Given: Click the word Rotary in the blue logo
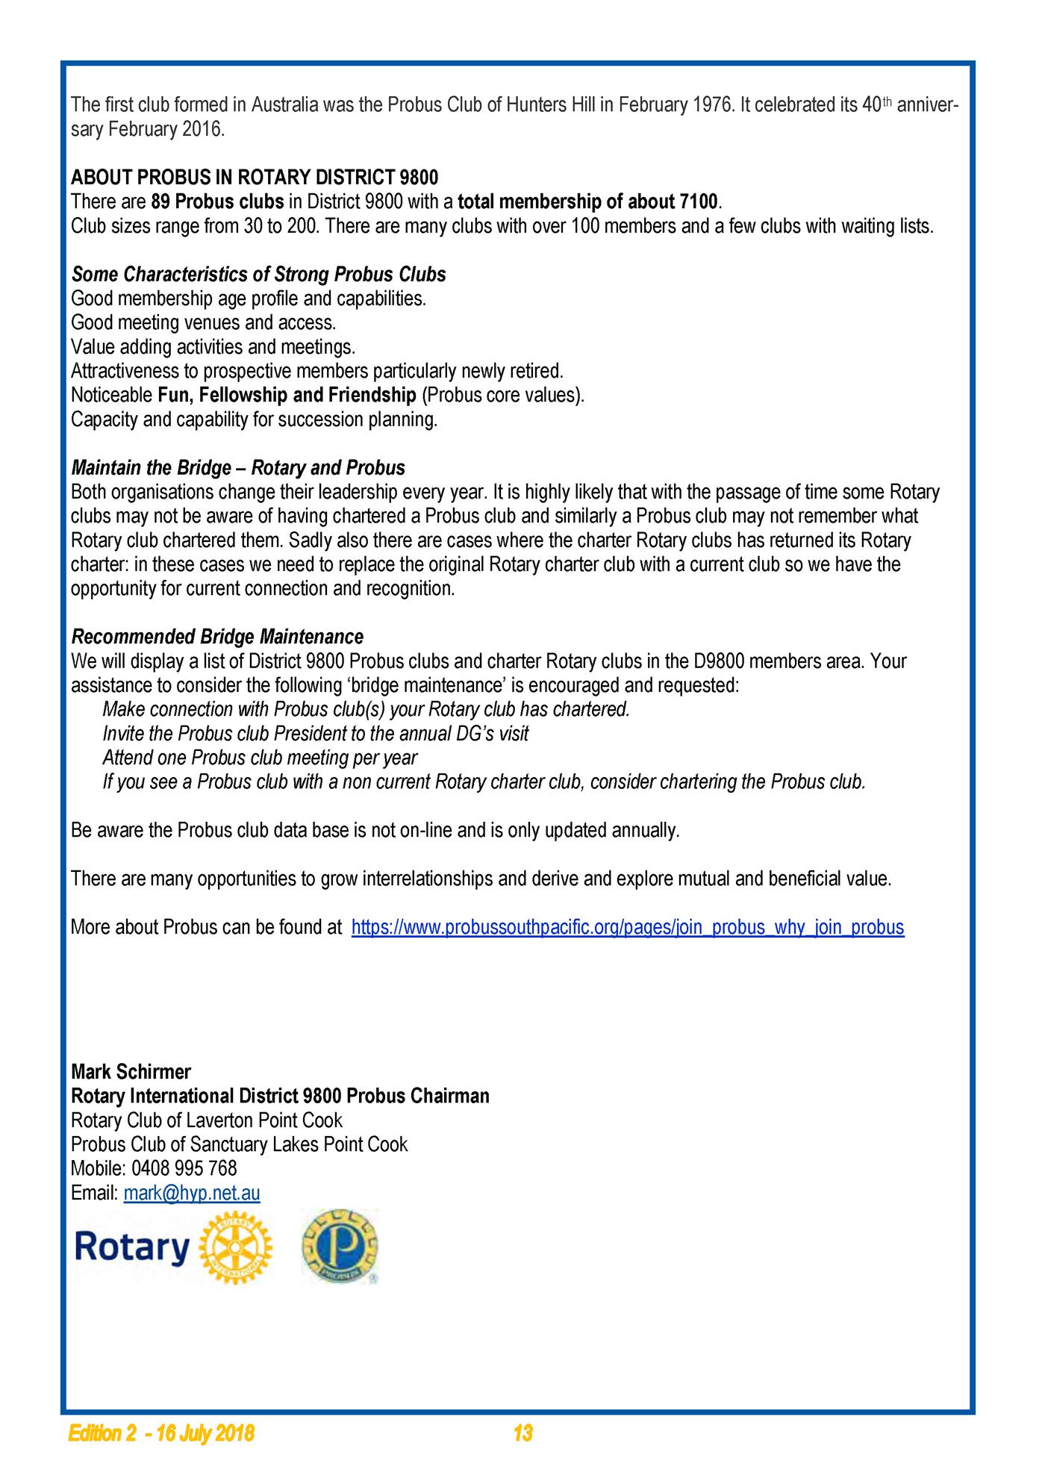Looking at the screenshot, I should pos(132,1248).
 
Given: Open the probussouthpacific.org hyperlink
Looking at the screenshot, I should pos(627,927).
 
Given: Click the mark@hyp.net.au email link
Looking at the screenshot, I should pos(192,1193).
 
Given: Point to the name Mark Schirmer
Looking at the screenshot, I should pos(131,1072).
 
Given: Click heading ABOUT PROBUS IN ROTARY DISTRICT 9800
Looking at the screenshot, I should pos(255,178).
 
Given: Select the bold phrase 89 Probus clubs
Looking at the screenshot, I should pos(217,202).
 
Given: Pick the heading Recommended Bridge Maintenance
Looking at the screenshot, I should pos(217,637).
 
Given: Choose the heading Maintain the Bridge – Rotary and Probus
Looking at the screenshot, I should pos(238,468).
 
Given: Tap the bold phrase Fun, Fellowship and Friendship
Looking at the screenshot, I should pos(287,395).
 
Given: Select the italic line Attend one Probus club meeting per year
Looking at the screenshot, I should pos(260,758).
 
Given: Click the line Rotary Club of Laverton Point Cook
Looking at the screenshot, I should pos(207,1120).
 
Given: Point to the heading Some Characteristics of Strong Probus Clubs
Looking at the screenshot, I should pos(258,275).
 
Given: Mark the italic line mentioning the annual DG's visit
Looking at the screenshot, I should pos(315,734).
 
